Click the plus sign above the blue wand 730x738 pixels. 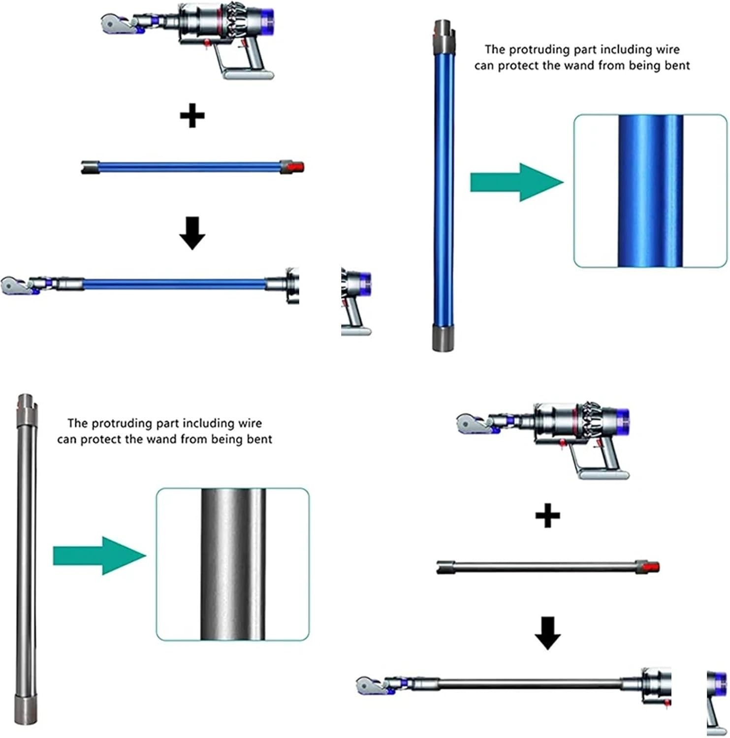192,116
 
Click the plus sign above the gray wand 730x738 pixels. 547,516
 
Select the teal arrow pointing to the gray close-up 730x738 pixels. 99,556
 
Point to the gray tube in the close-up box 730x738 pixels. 233,564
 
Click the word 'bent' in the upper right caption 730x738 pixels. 677,66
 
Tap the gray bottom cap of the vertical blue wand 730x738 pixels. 443,338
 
